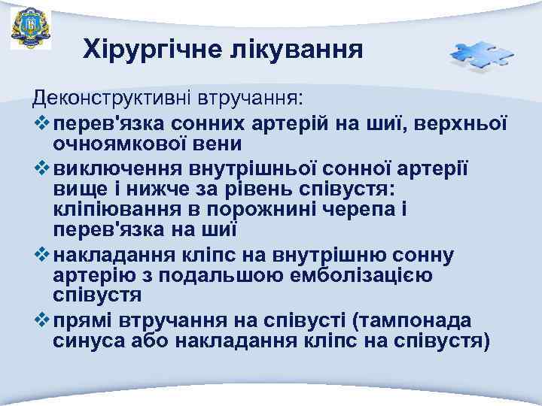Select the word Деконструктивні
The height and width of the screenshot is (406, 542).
[x=111, y=98]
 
